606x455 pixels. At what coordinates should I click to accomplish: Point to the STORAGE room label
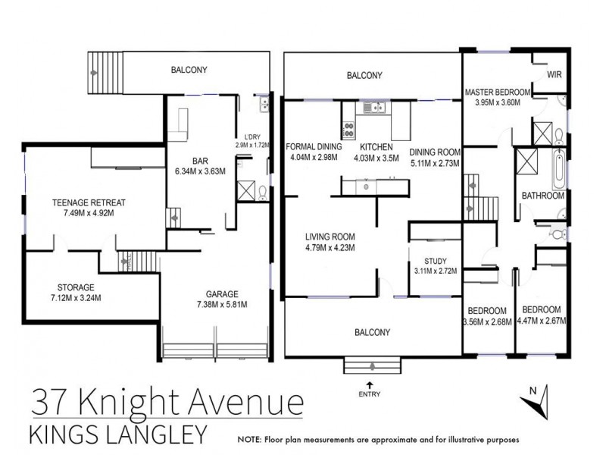point(76,287)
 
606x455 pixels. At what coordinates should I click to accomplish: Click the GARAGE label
point(222,294)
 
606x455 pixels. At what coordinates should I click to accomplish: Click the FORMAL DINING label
point(314,147)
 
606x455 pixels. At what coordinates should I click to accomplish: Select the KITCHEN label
point(376,147)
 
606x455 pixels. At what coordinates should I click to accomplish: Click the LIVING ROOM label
point(331,236)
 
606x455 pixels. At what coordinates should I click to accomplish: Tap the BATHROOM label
point(543,196)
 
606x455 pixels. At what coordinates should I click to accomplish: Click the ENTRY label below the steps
point(371,393)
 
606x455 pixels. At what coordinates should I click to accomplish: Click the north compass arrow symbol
point(535,402)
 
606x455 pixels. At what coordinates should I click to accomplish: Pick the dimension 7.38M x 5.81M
point(222,305)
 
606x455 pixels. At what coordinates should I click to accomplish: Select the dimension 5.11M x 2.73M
point(435,162)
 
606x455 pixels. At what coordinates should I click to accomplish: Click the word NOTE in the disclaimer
point(250,440)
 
